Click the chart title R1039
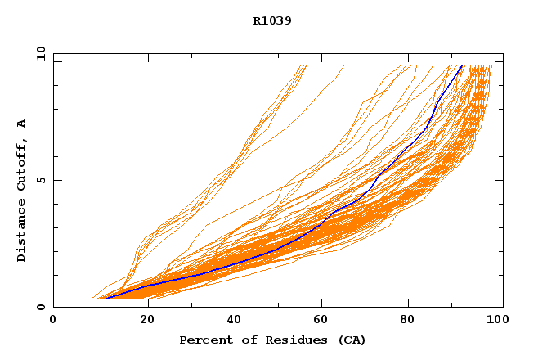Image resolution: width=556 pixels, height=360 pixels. coord(272,21)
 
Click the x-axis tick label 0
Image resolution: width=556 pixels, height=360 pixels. coord(53,321)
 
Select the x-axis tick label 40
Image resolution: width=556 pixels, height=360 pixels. coord(235,321)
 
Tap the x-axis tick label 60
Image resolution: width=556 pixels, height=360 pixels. coord(324,321)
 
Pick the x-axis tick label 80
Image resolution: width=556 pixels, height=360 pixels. coord(412,321)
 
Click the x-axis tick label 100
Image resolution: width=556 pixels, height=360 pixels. coord(495,321)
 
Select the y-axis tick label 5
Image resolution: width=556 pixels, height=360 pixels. coord(41,180)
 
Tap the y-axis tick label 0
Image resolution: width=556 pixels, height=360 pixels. coord(41,307)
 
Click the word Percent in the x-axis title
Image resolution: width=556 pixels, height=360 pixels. coord(204,340)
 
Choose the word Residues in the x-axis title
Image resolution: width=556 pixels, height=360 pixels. coord(287,340)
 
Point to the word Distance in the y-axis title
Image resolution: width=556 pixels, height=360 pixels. coord(22,231)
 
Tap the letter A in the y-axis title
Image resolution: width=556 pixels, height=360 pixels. coord(22,124)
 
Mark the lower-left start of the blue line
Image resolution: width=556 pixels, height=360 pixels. coord(105,298)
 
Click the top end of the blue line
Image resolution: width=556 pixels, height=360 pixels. coord(462,65)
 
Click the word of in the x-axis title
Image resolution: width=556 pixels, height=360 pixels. coord(246,340)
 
